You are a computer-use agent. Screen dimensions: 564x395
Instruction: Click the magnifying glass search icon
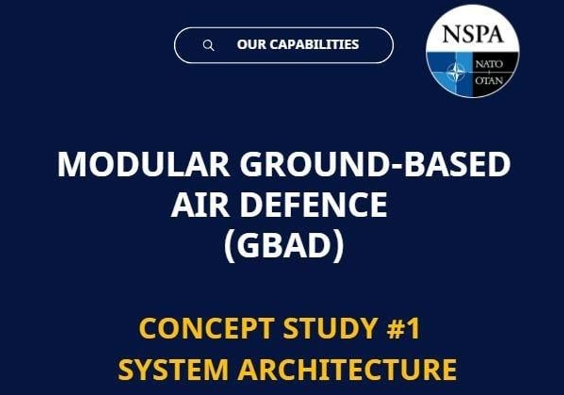coord(209,46)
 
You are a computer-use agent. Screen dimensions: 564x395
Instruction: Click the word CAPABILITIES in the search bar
coord(314,44)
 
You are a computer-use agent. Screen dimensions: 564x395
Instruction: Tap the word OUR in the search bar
coord(251,44)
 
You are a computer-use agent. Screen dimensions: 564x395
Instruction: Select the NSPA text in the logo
coord(472,34)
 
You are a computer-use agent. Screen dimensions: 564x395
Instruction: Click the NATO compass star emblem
coord(456,71)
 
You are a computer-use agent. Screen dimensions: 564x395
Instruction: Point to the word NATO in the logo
coord(489,64)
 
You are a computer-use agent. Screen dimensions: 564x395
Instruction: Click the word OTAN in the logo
coord(489,80)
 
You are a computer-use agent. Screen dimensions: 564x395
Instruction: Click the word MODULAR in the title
coord(143,164)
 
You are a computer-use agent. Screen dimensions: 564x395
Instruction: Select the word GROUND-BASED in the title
coord(375,164)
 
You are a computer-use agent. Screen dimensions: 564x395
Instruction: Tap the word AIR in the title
coord(199,204)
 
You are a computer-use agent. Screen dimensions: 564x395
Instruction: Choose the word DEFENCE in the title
coord(313,204)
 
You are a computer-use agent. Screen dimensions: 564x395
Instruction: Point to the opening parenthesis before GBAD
coord(229,246)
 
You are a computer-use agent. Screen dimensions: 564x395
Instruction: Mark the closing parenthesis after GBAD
coord(338,246)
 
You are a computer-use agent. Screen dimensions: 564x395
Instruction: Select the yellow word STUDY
coord(330,328)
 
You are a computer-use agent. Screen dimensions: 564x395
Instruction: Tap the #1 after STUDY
coord(403,328)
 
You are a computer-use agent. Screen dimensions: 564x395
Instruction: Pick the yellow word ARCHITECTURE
coord(347,369)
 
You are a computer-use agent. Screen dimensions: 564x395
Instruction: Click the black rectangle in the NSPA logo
coord(495,74)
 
